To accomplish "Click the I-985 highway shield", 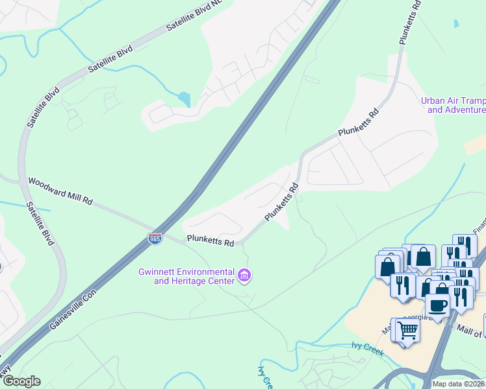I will point(155,239).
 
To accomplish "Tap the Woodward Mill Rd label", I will point(59,191).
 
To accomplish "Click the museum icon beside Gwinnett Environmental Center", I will point(244,276).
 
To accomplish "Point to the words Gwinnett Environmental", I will point(186,271).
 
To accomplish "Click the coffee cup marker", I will point(437,305).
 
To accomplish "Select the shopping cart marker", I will point(407,331).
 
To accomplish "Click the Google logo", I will point(21,381).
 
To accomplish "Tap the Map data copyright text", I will point(459,384).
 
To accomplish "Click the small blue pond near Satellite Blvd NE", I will point(185,99).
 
